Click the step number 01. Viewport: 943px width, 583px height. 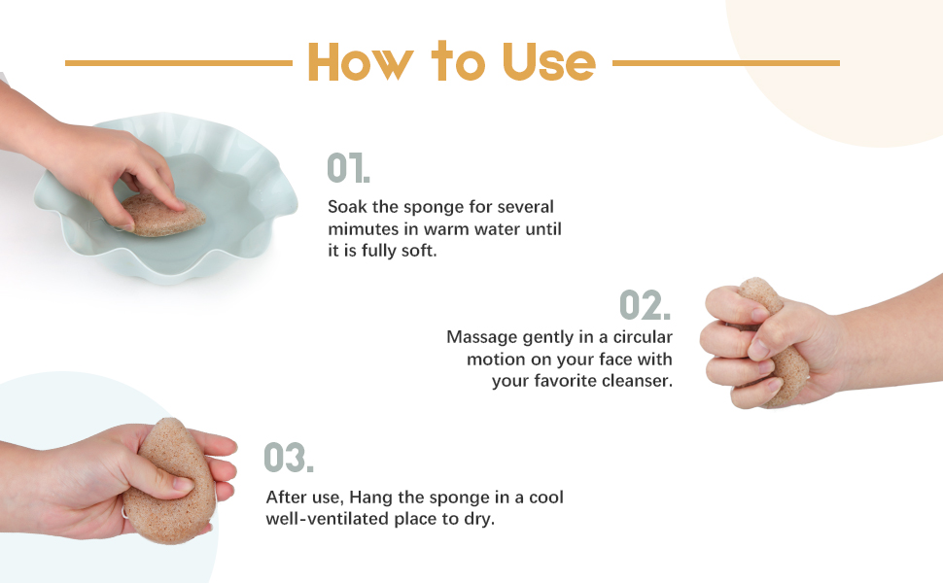(x=348, y=168)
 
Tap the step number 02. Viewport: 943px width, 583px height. (x=645, y=305)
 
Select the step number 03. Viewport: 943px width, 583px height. (x=289, y=458)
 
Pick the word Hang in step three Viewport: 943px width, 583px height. (x=405, y=497)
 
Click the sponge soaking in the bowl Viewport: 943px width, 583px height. (x=160, y=215)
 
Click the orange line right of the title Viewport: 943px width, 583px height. (x=725, y=63)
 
